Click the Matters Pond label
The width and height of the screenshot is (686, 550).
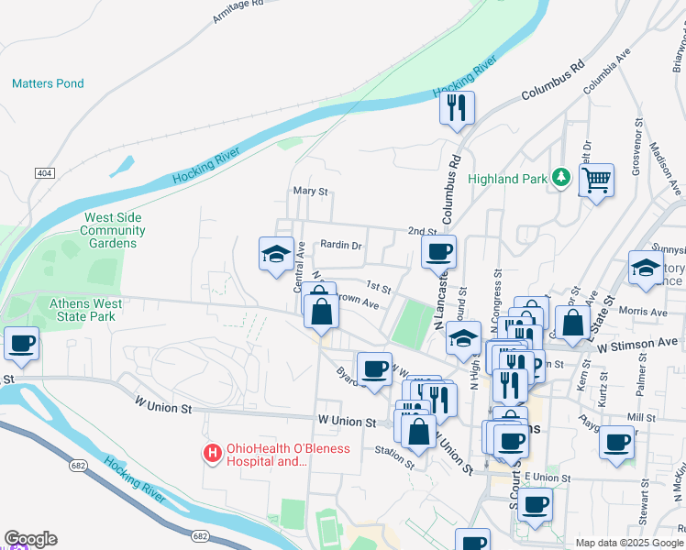coord(48,83)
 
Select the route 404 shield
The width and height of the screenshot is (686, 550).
coord(43,173)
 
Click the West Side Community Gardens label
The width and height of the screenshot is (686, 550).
coord(113,230)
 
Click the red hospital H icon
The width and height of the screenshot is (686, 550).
coord(213,453)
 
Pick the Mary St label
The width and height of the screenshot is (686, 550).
coord(310,192)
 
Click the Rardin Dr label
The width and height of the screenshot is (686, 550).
coord(342,246)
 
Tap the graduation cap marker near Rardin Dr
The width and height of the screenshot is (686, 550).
coord(276,255)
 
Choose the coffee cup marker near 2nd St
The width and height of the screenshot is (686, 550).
coord(438,252)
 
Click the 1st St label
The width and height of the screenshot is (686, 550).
coord(379,288)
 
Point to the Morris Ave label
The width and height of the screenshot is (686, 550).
coord(643,312)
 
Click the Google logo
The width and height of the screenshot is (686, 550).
coord(30,539)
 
